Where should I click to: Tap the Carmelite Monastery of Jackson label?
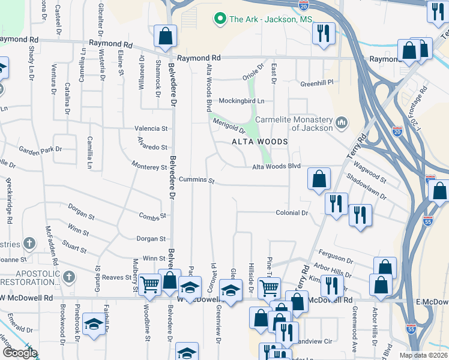pyautogui.click(x=294, y=123)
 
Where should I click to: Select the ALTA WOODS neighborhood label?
pyautogui.click(x=261, y=141)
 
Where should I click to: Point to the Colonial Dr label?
pyautogui.click(x=292, y=213)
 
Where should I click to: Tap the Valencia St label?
pyautogui.click(x=151, y=128)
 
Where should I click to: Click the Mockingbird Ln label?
pyautogui.click(x=242, y=100)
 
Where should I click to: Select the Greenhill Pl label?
pyautogui.click(x=316, y=83)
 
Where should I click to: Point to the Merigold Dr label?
pyautogui.click(x=228, y=125)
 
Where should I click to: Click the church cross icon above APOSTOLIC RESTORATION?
pyautogui.click(x=69, y=277)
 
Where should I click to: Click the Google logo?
pyautogui.click(x=20, y=352)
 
